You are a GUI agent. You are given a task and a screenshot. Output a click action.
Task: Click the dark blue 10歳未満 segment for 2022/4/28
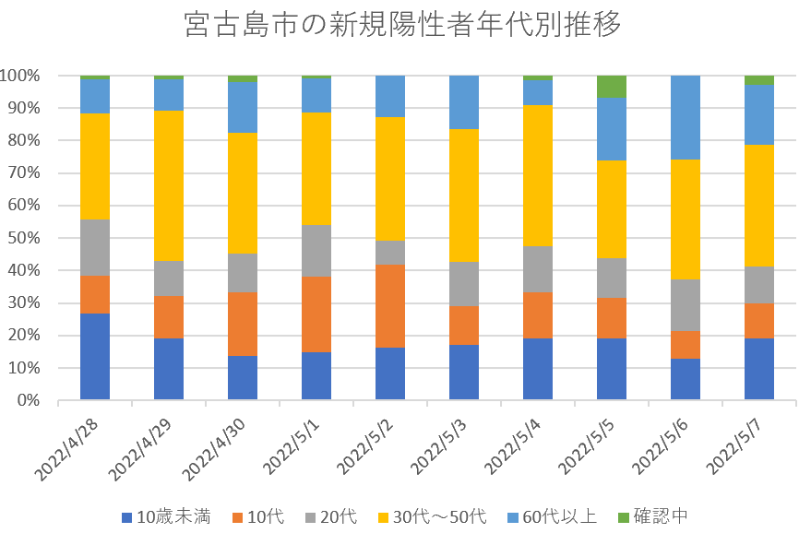click(95, 357)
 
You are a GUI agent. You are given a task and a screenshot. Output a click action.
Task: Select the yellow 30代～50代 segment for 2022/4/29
click(169, 185)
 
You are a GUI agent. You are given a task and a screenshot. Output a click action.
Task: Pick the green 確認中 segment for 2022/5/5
click(612, 86)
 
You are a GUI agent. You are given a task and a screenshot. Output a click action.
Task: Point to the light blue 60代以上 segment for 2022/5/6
click(686, 117)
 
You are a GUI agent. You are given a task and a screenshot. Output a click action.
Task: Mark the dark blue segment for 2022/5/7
click(759, 369)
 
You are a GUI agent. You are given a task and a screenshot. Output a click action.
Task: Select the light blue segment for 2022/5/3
click(464, 101)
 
